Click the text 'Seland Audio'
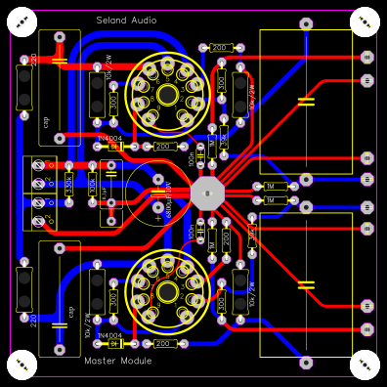pos(126,21)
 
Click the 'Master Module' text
pos(118,361)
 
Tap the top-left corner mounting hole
pos(21,22)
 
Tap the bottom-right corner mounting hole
pos(364,365)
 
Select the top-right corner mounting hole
pos(364,22)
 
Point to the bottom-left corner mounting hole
pos(21,365)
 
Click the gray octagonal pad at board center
pos(206,192)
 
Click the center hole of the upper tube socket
pos(168,95)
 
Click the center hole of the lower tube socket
pos(168,290)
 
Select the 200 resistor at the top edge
pos(219,47)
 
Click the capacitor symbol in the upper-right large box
pos(306,101)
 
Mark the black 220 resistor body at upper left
pos(25,83)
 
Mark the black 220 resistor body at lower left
pos(25,293)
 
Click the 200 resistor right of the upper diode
pos(162,147)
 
